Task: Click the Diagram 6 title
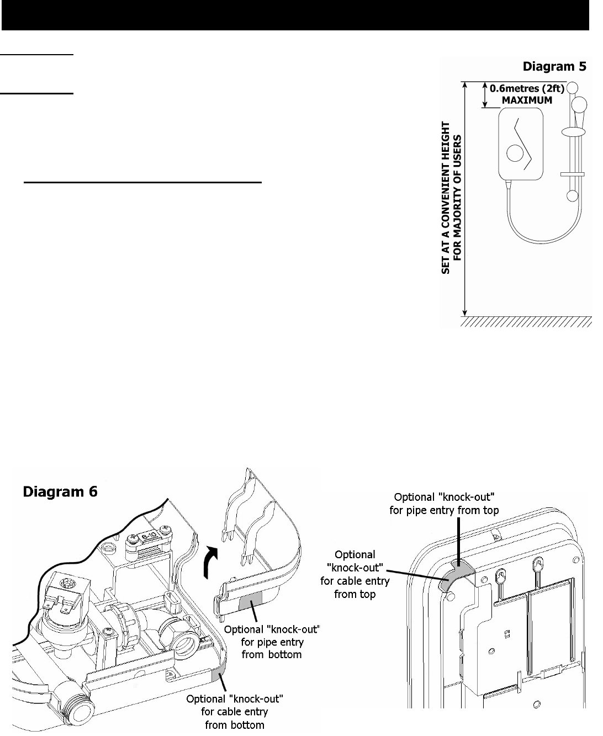(60, 491)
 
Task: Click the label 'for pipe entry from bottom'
(272, 643)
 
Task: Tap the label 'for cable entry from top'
(354, 574)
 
